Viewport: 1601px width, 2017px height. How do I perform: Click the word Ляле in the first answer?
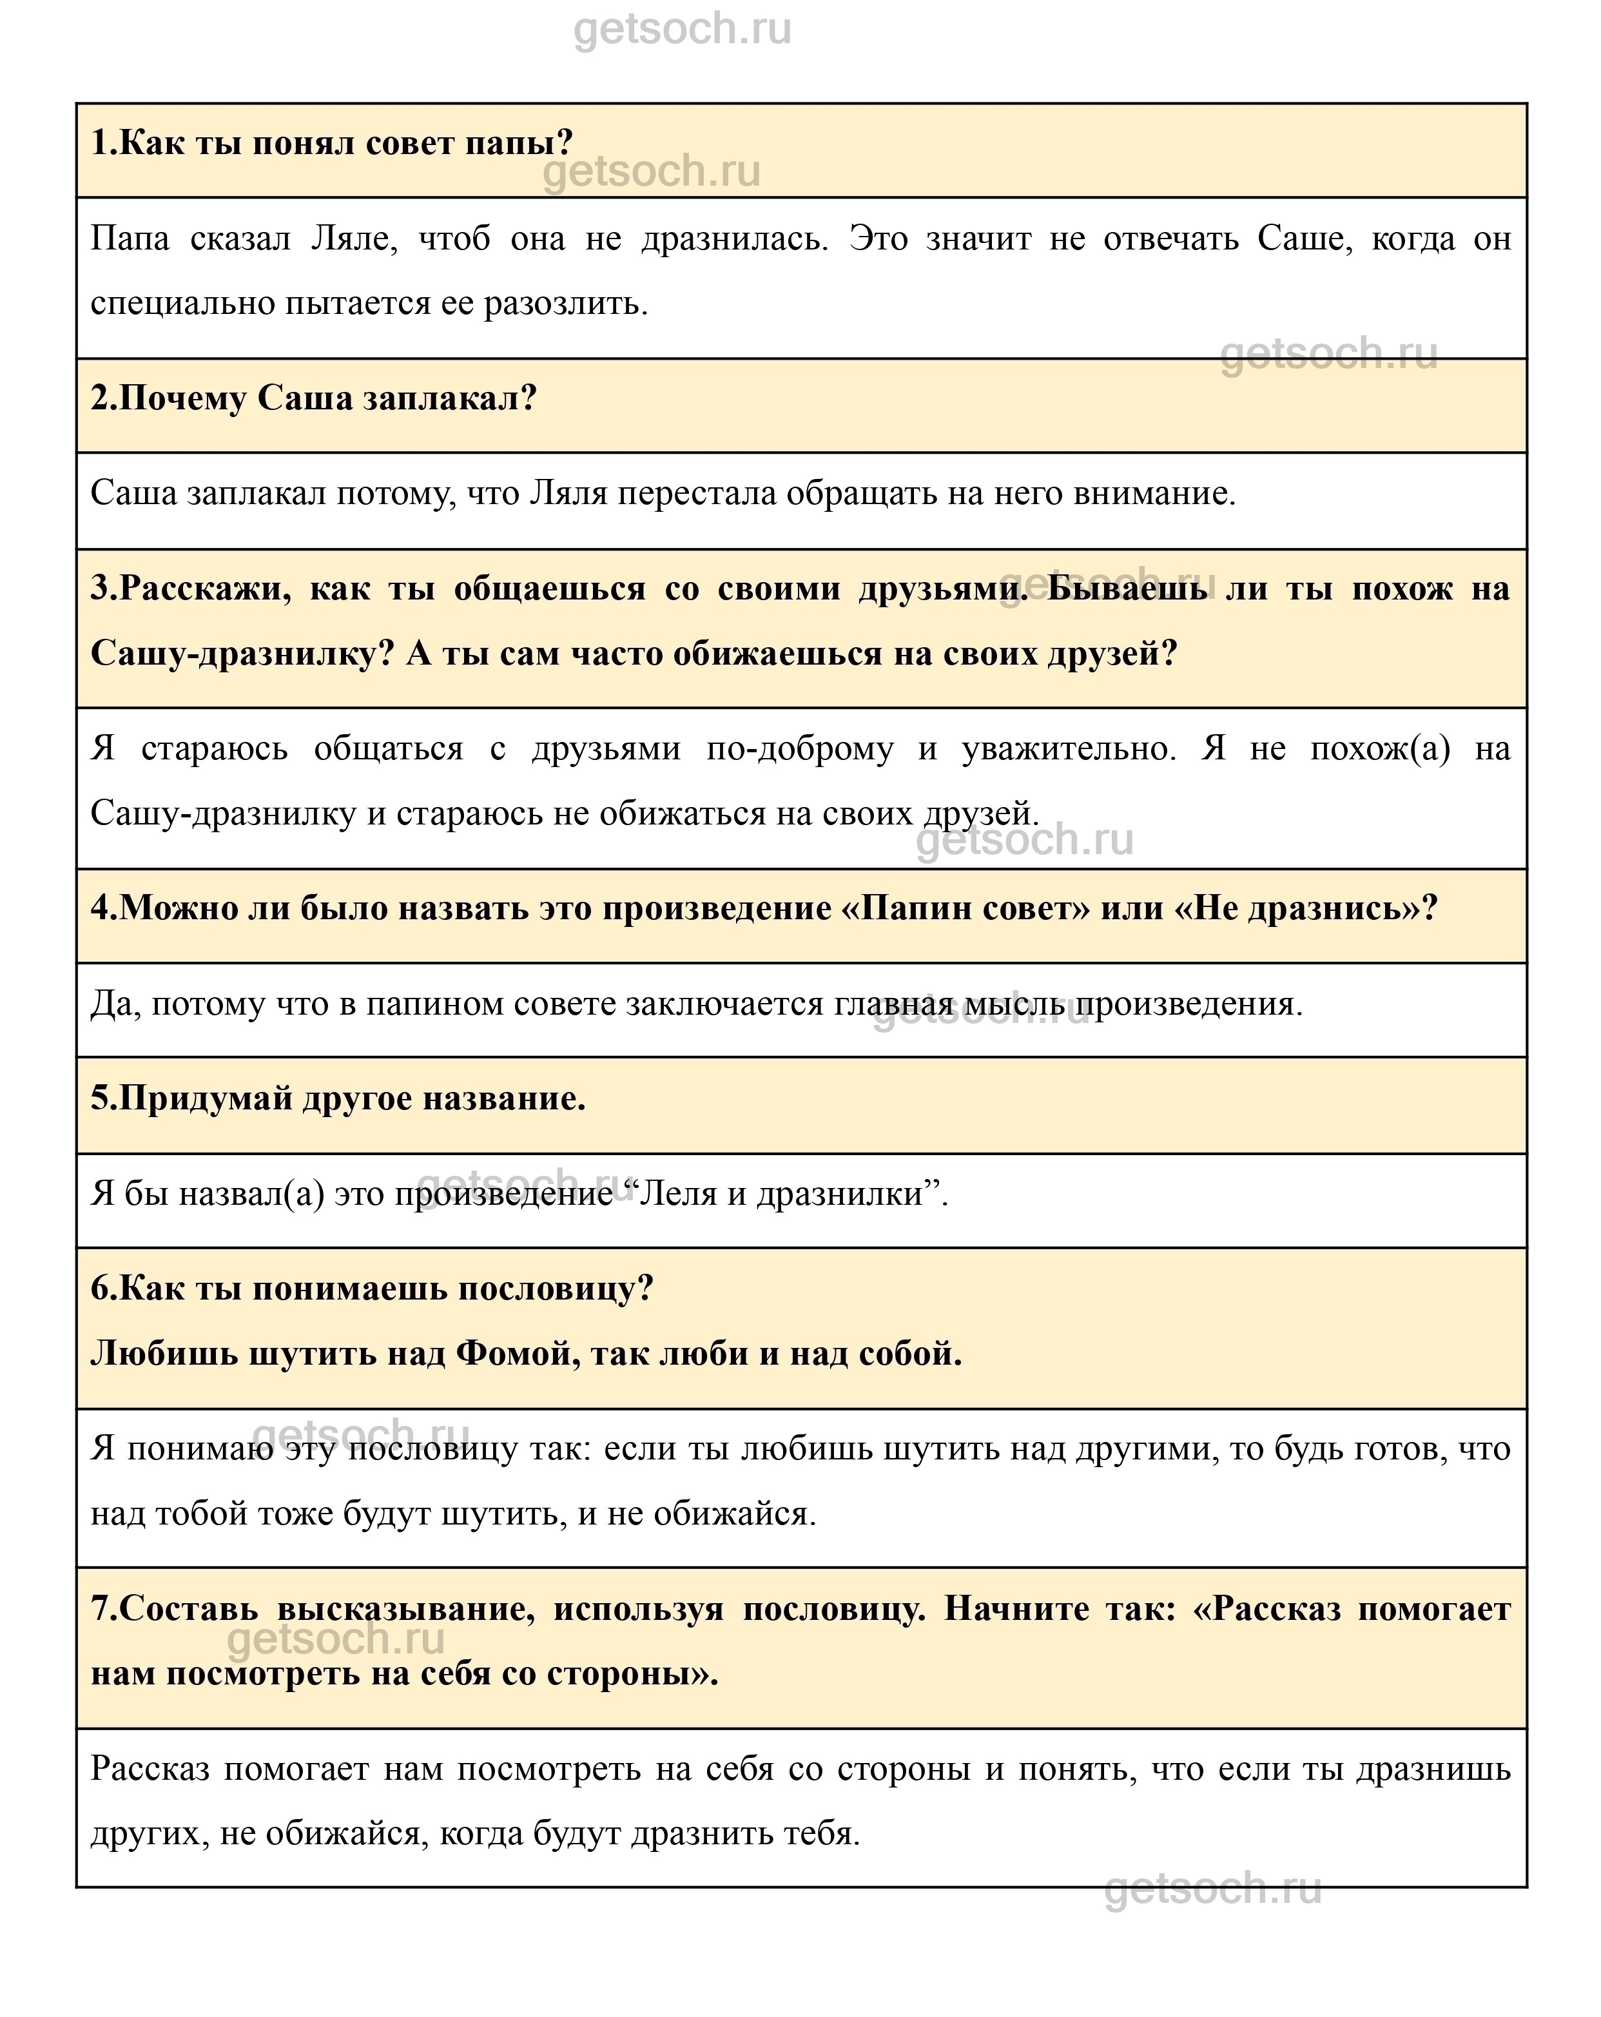(x=353, y=240)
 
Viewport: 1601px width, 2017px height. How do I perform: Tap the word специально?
(x=182, y=304)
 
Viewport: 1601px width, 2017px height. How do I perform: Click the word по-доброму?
(x=800, y=748)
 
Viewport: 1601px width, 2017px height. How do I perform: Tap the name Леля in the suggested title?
(x=682, y=1194)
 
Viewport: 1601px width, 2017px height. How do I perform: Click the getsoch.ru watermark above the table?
(x=682, y=29)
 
